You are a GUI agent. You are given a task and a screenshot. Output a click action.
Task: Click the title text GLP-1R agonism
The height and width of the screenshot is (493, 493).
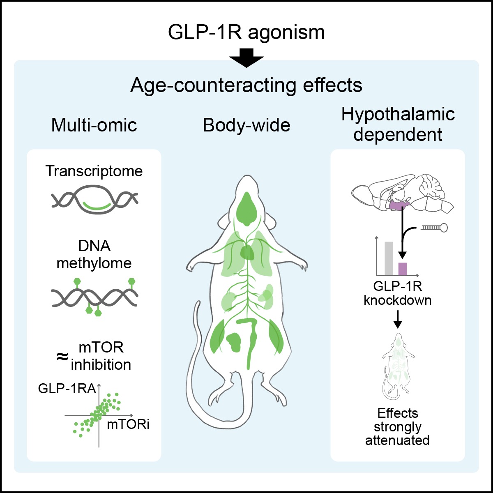(246, 32)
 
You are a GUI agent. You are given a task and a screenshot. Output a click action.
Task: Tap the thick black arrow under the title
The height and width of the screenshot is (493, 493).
(246, 58)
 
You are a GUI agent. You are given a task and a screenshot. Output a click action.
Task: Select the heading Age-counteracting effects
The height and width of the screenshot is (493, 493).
(246, 85)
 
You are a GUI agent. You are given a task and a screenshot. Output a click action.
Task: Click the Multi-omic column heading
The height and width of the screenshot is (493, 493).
(94, 125)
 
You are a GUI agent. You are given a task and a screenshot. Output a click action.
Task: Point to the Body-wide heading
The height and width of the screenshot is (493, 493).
(246, 125)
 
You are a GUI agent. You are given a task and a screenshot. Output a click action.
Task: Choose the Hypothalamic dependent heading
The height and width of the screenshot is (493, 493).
(398, 124)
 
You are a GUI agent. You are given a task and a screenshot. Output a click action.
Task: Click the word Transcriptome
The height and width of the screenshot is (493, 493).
(94, 171)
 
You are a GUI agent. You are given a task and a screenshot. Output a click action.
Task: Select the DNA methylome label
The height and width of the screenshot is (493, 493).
(94, 254)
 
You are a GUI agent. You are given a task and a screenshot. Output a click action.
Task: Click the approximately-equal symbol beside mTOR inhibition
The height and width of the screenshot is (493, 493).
(62, 356)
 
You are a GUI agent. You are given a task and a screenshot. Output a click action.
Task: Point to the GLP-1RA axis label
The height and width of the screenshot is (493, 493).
(67, 388)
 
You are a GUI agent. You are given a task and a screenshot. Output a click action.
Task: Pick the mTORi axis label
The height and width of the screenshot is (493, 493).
(128, 424)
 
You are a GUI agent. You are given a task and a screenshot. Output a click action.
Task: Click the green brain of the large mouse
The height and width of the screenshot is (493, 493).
(246, 209)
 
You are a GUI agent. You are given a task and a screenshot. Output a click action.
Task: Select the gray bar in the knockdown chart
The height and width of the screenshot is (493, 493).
(389, 258)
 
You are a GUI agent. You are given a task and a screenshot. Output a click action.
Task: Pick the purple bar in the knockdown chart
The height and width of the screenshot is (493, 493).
(403, 268)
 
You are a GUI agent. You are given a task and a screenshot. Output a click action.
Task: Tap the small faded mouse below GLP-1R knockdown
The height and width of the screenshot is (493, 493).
(397, 366)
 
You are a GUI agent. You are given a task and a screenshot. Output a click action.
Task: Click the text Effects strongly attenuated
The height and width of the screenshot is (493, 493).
(397, 426)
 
